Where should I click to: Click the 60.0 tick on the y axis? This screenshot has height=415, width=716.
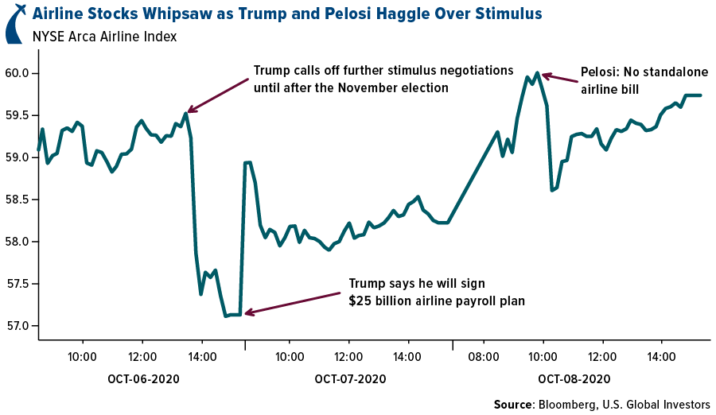pos(17,74)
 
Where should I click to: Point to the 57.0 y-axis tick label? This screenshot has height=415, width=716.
pos(17,326)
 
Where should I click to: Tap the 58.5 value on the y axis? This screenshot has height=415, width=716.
pos(17,200)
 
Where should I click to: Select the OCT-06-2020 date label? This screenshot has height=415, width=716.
pos(143,379)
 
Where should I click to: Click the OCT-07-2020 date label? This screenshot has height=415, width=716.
pos(350,379)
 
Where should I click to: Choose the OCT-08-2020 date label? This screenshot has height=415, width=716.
pos(574,379)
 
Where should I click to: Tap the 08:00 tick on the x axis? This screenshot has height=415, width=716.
pos(483,357)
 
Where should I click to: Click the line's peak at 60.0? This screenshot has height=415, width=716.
pos(538,73)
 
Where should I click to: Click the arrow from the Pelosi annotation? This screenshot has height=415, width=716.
pos(562,79)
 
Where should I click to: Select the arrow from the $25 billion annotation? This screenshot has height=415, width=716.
pos(294,304)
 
